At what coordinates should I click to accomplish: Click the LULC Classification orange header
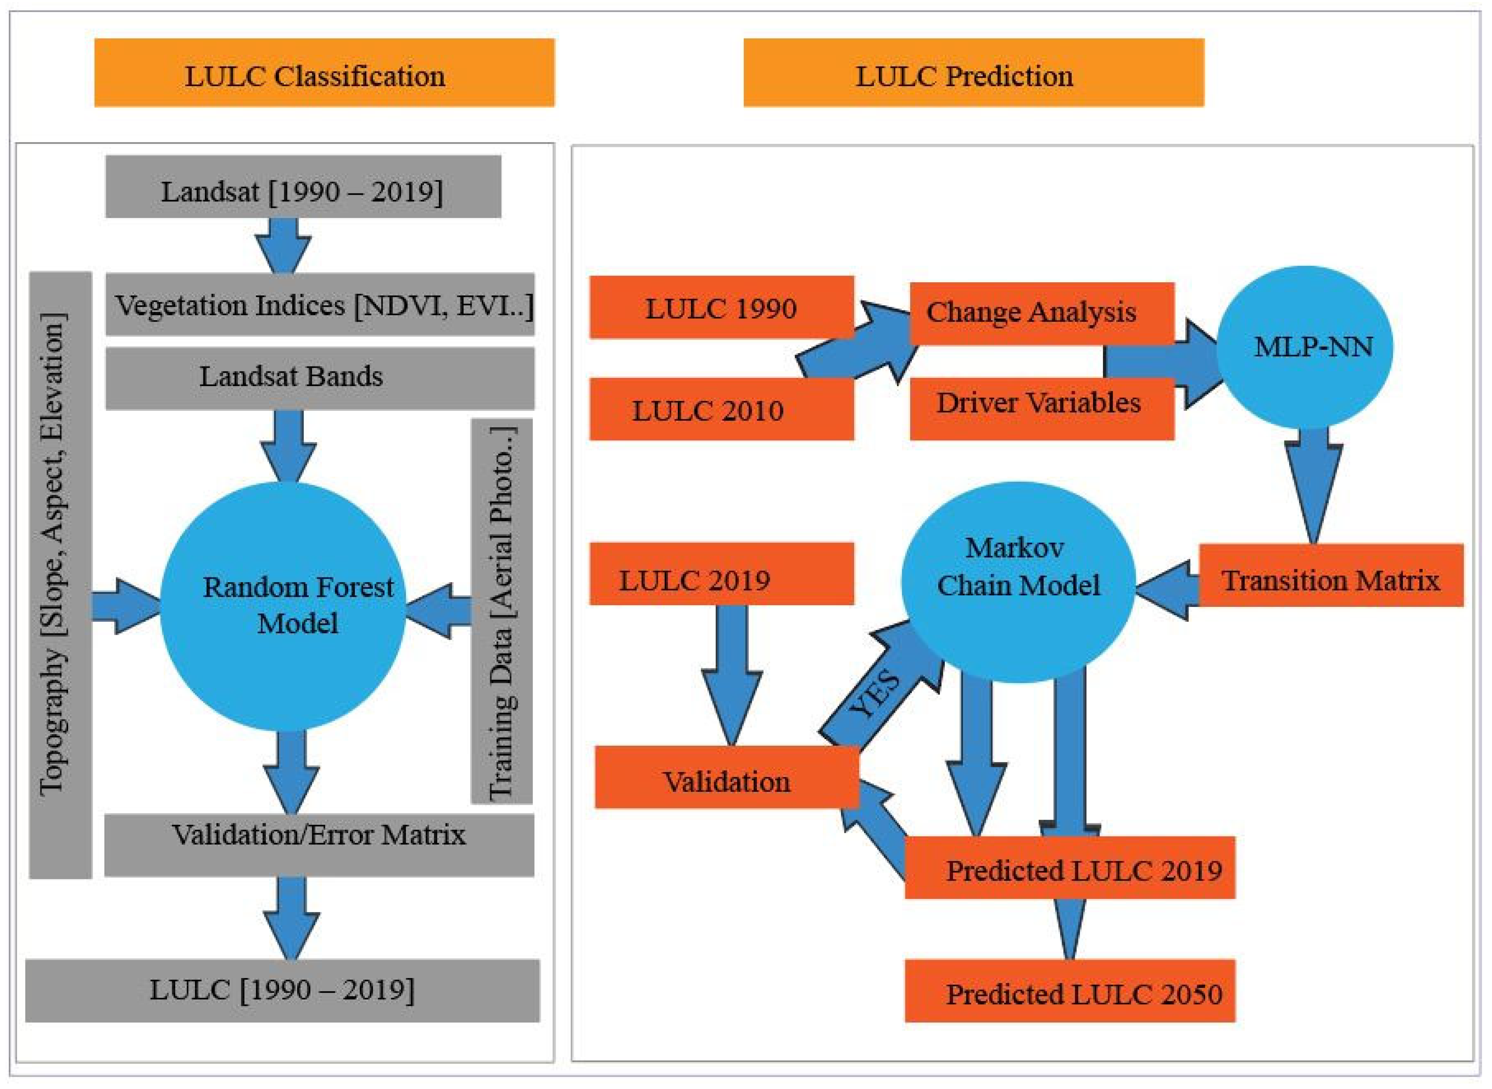[324, 73]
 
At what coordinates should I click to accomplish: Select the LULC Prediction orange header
[974, 73]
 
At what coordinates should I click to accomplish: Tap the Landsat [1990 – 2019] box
[303, 187]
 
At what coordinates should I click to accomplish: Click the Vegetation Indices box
[320, 305]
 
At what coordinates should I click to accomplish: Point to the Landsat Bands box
[320, 378]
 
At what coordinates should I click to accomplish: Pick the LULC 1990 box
[722, 307]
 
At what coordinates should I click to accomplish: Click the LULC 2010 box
[722, 409]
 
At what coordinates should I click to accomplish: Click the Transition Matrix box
[1331, 575]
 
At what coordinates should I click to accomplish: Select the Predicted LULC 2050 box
[1070, 990]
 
